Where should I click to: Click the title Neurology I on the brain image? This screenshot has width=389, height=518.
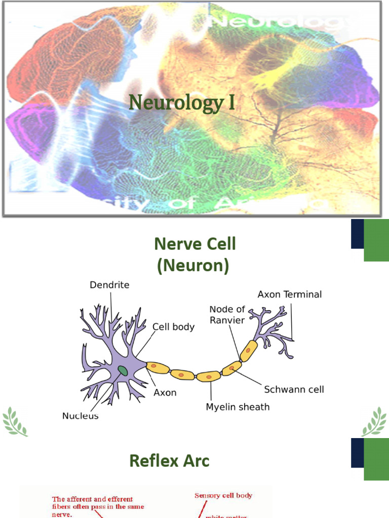[182, 103]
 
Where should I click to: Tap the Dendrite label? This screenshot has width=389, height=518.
[109, 285]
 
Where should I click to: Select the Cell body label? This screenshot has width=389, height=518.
[173, 327]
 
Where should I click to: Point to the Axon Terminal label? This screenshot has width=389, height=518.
[289, 294]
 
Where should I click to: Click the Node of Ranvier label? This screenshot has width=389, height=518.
[227, 315]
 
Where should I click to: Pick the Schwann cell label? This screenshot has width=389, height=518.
[294, 390]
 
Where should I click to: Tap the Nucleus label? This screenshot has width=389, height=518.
[80, 416]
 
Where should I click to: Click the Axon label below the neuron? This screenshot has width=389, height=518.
[165, 393]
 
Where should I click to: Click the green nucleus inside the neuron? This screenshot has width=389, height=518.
[123, 371]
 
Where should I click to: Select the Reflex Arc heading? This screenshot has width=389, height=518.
[169, 460]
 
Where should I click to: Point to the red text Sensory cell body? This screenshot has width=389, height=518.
[223, 496]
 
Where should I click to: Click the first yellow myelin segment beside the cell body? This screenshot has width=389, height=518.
[157, 368]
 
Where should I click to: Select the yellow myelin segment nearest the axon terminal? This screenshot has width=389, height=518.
[249, 351]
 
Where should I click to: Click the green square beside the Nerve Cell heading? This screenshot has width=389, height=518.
[376, 240]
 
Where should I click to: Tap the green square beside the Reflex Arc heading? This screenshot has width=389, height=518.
[376, 459]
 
